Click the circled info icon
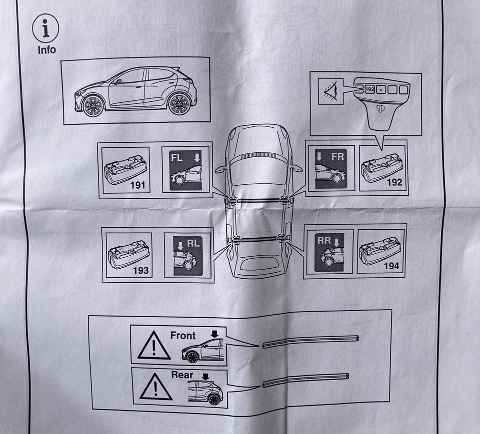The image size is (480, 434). tap(45, 28)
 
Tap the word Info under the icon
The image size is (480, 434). tap(46, 50)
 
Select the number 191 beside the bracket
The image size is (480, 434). tap(137, 185)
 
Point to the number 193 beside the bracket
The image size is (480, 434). tap(140, 270)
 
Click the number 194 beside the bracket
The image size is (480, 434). tap(391, 266)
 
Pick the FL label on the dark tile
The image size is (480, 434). tap(176, 158)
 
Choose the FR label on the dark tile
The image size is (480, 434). tap(337, 157)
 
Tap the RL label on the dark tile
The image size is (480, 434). tap(193, 243)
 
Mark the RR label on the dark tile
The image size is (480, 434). tap(324, 240)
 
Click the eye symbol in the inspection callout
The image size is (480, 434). tap(330, 91)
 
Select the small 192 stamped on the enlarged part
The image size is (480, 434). tap(370, 89)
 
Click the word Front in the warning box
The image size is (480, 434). tap(183, 336)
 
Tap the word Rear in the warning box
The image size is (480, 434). tap(182, 375)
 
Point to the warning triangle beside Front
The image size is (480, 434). tap(154, 346)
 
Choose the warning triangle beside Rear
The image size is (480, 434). tap(155, 387)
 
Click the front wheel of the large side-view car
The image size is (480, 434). tap(93, 106)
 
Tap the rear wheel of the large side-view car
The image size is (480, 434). tap(179, 104)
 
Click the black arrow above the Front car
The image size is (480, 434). tap(214, 334)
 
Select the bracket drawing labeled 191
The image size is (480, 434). tap(125, 170)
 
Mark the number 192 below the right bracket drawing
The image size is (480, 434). tap(394, 182)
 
